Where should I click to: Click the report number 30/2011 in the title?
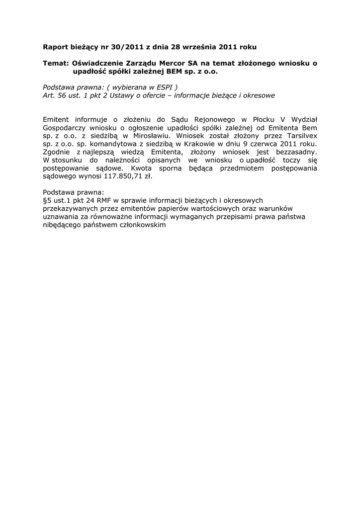pos(118,47)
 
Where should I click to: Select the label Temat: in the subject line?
pos(56,63)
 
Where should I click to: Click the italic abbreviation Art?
pos(49,94)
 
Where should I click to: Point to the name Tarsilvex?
pos(301,135)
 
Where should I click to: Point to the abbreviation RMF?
pos(104,200)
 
